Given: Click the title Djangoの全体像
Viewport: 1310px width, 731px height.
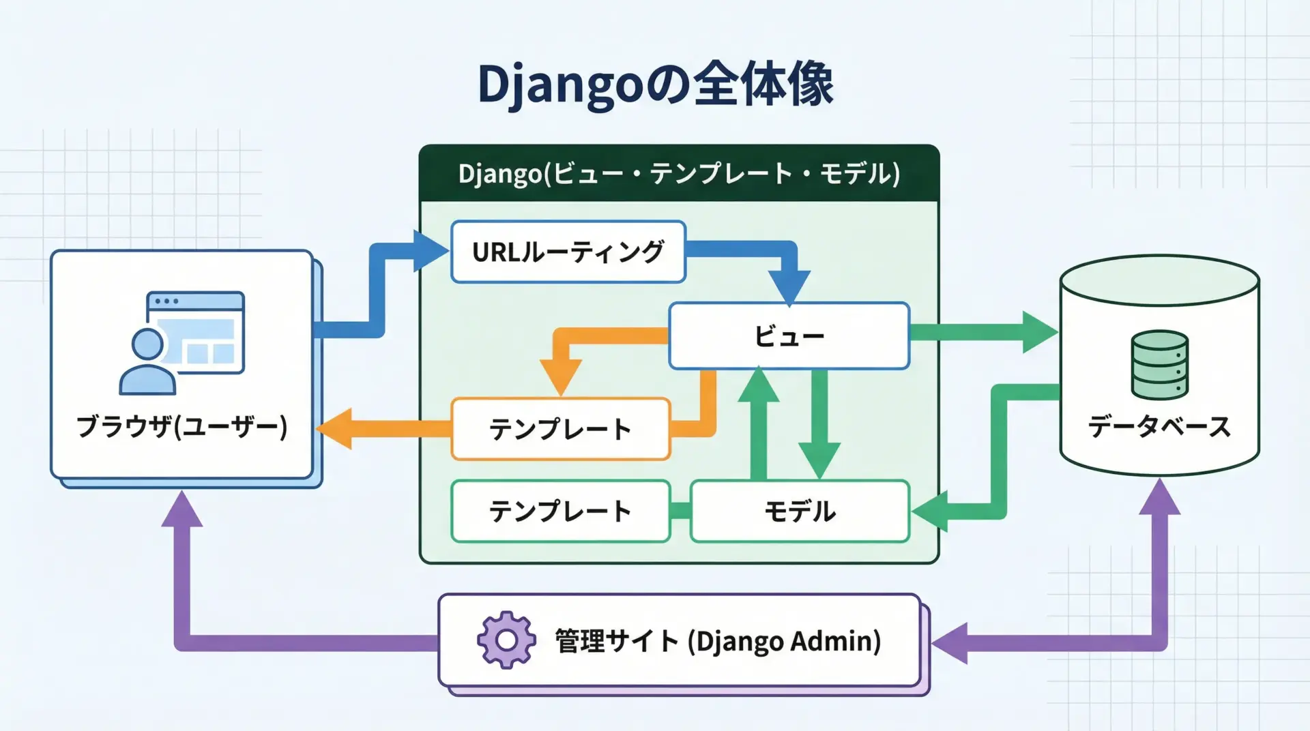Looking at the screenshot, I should pyautogui.click(x=655, y=85).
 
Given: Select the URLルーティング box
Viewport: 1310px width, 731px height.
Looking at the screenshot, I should pyautogui.click(x=568, y=252).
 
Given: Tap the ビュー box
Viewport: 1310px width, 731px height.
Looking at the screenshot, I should pyautogui.click(x=789, y=335).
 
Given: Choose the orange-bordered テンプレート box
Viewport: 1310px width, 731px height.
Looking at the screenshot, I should pyautogui.click(x=560, y=429).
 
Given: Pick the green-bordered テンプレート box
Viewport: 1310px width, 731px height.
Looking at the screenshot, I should pyautogui.click(x=560, y=511).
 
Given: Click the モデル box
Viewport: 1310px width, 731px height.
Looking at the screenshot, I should pyautogui.click(x=800, y=511).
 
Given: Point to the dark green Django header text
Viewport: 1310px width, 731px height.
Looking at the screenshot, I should pyautogui.click(x=679, y=174).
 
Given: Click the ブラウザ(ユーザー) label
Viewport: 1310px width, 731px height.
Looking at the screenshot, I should pyautogui.click(x=181, y=426).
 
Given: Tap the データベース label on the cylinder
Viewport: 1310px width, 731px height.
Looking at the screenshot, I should pyautogui.click(x=1159, y=426).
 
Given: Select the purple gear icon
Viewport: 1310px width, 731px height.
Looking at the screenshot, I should pyautogui.click(x=506, y=640).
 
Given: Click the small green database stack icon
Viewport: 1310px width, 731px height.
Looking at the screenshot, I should pyautogui.click(x=1159, y=364).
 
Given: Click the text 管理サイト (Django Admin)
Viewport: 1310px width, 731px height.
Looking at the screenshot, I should pyautogui.click(x=718, y=641).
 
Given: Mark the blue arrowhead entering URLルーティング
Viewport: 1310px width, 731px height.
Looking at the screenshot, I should pyautogui.click(x=430, y=252).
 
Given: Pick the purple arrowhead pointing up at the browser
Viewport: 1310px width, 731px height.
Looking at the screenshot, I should pyautogui.click(x=181, y=509).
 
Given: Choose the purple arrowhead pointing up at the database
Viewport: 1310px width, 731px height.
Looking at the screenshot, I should pyautogui.click(x=1159, y=497).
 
